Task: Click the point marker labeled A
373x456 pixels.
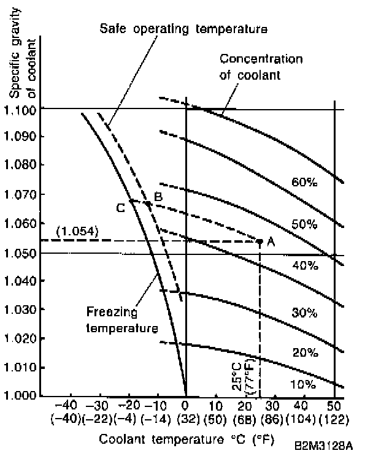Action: [260, 241]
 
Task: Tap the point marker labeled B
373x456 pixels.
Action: [148, 203]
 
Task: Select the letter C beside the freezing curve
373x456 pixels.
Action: [121, 207]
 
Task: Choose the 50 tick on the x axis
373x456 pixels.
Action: [333, 406]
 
